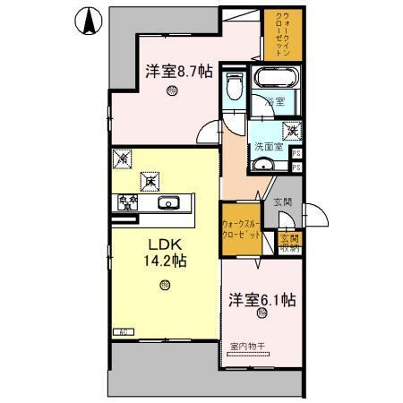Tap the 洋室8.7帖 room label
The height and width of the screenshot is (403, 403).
coord(179,71)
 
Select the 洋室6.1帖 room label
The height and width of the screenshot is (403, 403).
coord(262,301)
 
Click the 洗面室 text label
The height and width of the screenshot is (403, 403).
coord(269,146)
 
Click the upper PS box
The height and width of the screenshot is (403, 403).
coord(296,153)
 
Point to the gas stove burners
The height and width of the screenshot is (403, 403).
coord(124,202)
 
